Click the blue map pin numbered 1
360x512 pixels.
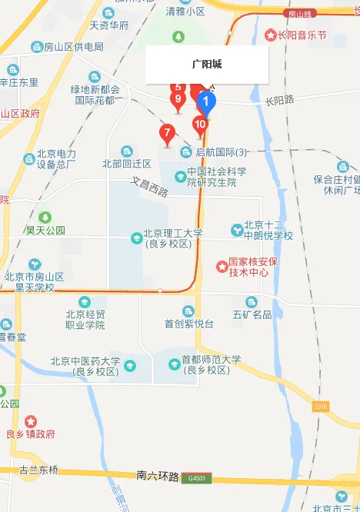(206, 101)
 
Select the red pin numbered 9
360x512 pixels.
(178, 99)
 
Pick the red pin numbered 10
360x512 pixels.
(200, 124)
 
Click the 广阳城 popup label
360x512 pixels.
(207, 65)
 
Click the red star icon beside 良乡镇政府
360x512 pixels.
(31, 421)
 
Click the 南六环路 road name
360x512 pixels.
(158, 477)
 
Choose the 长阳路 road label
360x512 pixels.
(280, 100)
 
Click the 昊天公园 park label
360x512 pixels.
(45, 230)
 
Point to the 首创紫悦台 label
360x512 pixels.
(188, 324)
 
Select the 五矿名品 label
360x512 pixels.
(252, 314)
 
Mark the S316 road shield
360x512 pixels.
(322, 406)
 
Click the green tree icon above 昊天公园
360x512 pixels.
(45, 217)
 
